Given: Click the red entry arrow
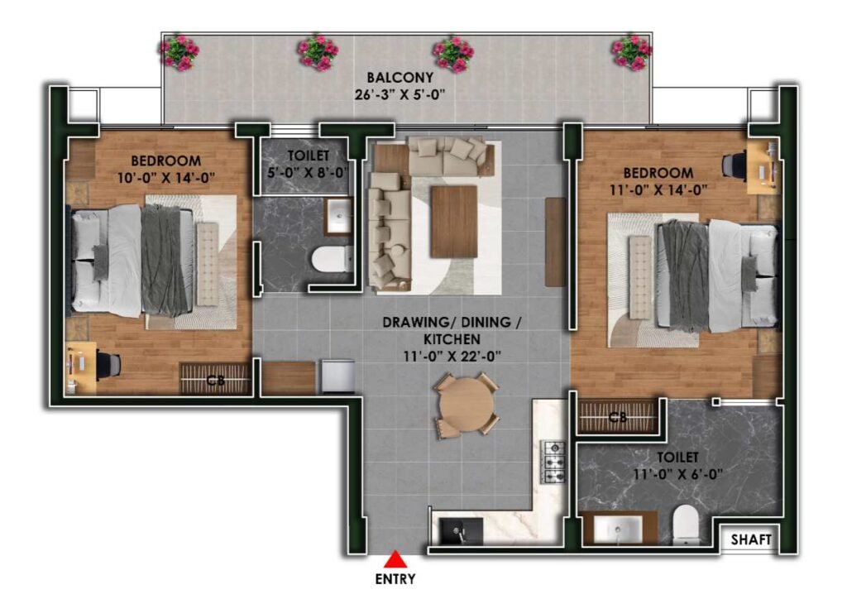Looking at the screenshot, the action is (396, 559).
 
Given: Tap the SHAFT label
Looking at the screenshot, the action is (751, 539).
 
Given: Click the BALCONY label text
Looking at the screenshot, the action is (400, 78).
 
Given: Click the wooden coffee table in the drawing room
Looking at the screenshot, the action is (454, 222).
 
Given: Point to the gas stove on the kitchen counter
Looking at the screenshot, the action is (553, 462).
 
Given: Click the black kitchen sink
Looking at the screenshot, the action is (461, 531).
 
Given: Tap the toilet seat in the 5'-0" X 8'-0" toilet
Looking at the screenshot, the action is (332, 259).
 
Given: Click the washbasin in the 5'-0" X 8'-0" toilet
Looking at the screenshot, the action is (338, 216).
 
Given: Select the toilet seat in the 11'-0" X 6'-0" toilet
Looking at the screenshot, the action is (686, 524).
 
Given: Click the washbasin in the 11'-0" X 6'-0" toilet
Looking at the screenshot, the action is (619, 528).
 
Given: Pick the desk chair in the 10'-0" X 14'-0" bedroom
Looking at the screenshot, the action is (109, 365).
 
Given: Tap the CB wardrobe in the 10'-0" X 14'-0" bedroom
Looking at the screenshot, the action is (215, 379).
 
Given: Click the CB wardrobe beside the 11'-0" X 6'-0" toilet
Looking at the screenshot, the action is (618, 416).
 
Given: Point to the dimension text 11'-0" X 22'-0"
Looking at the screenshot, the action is (452, 357).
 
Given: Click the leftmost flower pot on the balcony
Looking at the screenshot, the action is (179, 52).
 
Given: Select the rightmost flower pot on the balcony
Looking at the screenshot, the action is (631, 52).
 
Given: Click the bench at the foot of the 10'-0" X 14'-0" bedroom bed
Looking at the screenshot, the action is (208, 264).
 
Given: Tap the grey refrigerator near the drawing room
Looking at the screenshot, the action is (338, 376).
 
